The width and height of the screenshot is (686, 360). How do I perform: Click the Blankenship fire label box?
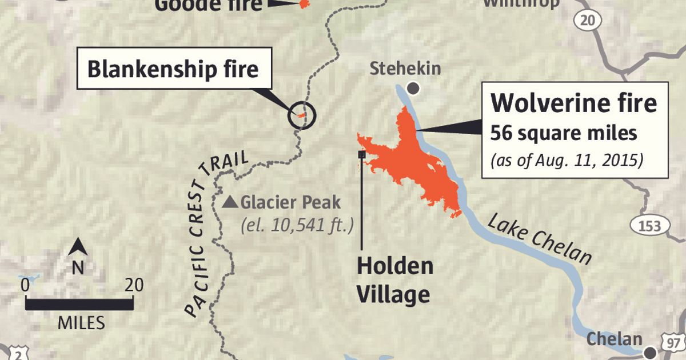pos(173,69)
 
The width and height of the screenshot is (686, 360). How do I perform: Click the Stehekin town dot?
pos(413,89)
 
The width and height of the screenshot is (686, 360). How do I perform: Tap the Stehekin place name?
pos(405,69)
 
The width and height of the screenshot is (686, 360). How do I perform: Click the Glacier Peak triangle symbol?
pos(230,202)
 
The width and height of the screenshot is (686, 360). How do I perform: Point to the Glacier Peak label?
pos(290,202)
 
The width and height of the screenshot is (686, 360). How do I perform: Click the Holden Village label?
pos(394,280)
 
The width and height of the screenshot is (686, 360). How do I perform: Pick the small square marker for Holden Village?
pos(361,154)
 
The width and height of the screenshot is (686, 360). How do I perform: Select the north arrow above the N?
pos(78,247)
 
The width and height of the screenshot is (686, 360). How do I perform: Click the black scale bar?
pos(79,303)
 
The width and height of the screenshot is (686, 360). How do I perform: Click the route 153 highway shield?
pos(650,225)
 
